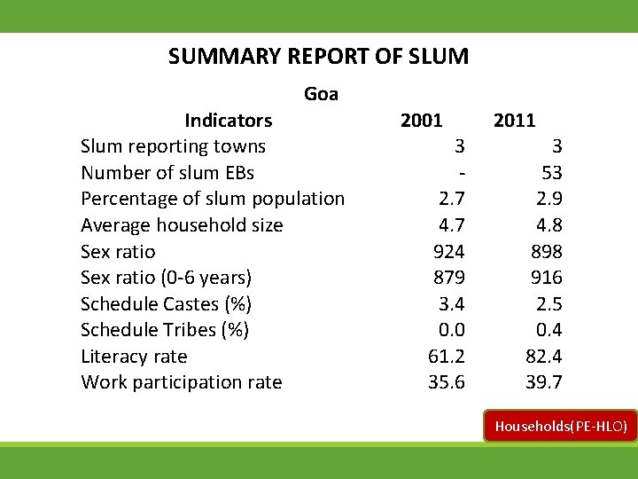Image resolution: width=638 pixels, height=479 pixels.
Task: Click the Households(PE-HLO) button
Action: pyautogui.click(x=560, y=427)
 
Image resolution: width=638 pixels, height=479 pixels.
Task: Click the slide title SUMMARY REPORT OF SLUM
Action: pyautogui.click(x=318, y=57)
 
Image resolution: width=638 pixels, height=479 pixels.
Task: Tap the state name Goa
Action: pyautogui.click(x=321, y=93)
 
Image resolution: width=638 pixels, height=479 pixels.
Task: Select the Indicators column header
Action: pyautogui.click(x=228, y=120)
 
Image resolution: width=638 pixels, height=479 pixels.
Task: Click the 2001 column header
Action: pyautogui.click(x=422, y=120)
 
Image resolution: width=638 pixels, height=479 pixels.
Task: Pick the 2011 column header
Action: pyautogui.click(x=514, y=120)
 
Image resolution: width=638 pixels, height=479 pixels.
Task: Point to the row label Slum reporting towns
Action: pyautogui.click(x=173, y=145)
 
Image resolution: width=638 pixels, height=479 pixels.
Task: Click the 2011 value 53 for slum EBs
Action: pyautogui.click(x=551, y=172)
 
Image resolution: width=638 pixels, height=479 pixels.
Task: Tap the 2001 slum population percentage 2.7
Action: pyautogui.click(x=452, y=199)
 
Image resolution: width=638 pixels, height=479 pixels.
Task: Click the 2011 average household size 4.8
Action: pyautogui.click(x=548, y=225)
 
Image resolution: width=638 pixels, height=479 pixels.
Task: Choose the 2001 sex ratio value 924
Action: pyautogui.click(x=448, y=251)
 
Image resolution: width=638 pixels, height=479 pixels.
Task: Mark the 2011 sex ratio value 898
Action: pyautogui.click(x=545, y=251)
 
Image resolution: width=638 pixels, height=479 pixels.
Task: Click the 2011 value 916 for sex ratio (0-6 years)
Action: pyautogui.click(x=545, y=278)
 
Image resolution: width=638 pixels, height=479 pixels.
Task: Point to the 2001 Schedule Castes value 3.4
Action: pyautogui.click(x=452, y=304)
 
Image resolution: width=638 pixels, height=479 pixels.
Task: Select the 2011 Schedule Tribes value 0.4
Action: pyautogui.click(x=548, y=330)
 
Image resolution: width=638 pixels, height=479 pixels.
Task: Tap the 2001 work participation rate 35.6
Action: pyautogui.click(x=446, y=382)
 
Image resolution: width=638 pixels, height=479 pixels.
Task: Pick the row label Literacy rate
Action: pyautogui.click(x=134, y=357)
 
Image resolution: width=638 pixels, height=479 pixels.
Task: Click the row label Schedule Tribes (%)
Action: pyautogui.click(x=165, y=330)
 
